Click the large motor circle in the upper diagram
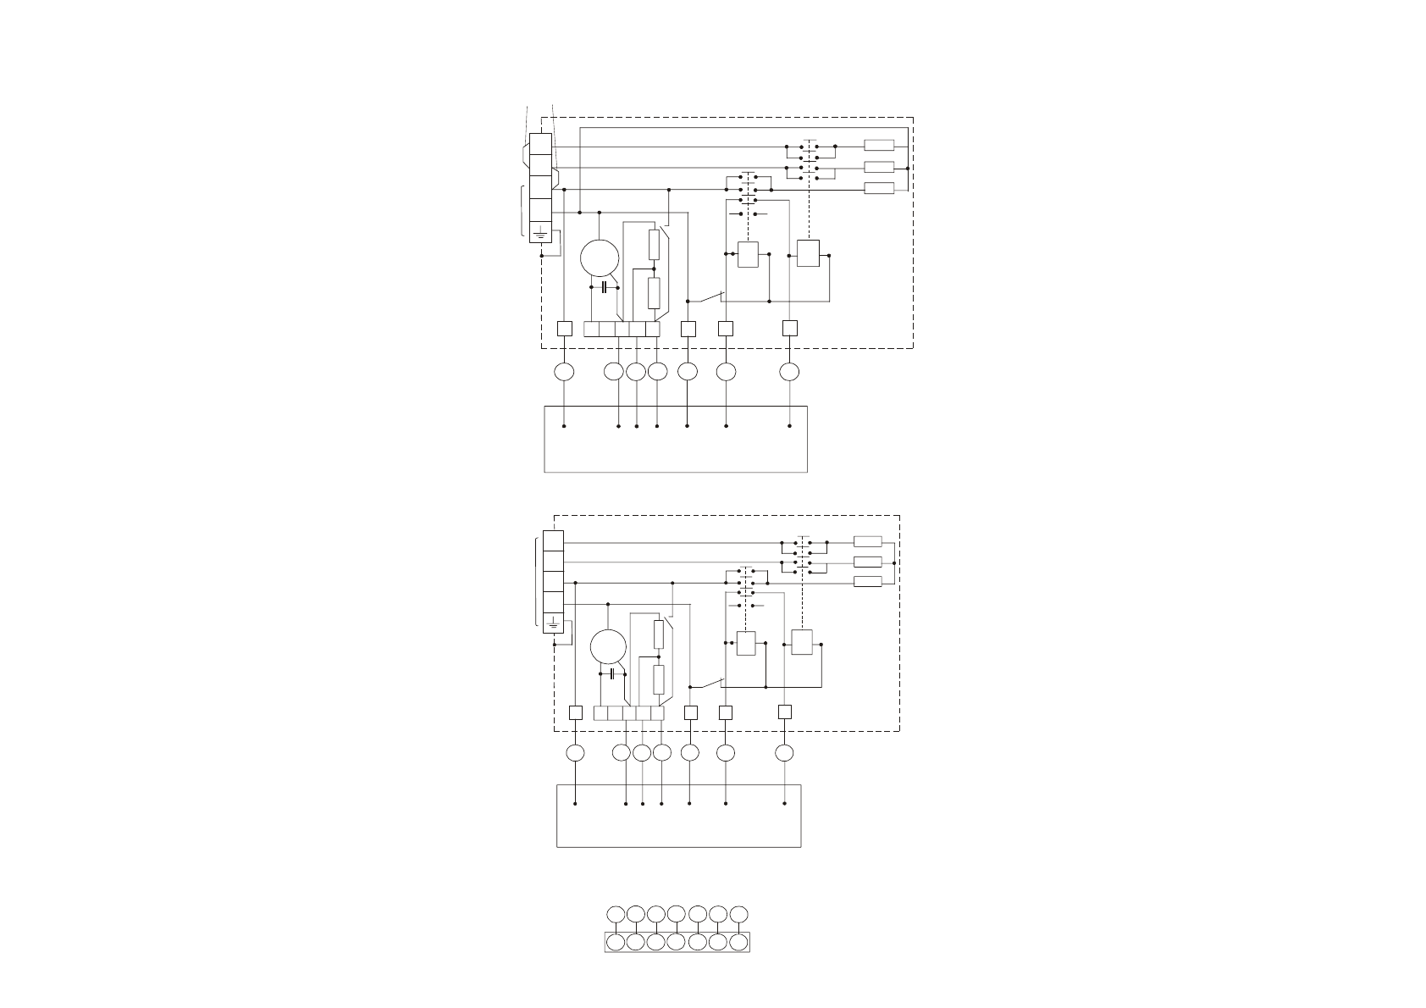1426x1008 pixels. [600, 258]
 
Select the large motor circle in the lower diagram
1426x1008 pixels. [608, 647]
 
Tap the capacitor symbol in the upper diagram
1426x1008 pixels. [604, 288]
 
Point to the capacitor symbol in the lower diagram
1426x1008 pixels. [612, 673]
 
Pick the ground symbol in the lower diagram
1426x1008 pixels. [552, 624]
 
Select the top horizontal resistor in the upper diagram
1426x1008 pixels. [879, 146]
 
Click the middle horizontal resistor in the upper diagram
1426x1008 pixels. [879, 167]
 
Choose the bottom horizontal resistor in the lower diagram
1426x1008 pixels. [868, 581]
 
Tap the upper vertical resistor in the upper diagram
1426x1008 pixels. [654, 244]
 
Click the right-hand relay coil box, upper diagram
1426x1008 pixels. [808, 253]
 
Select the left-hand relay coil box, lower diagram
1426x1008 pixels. [746, 644]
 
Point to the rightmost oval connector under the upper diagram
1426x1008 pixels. [789, 371]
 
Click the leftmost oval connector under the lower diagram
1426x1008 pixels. [575, 753]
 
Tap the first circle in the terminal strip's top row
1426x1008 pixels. [616, 914]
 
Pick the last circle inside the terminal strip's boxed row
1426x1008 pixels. [738, 942]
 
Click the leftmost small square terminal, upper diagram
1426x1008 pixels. [564, 329]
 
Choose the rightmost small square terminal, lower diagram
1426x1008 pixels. [785, 712]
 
